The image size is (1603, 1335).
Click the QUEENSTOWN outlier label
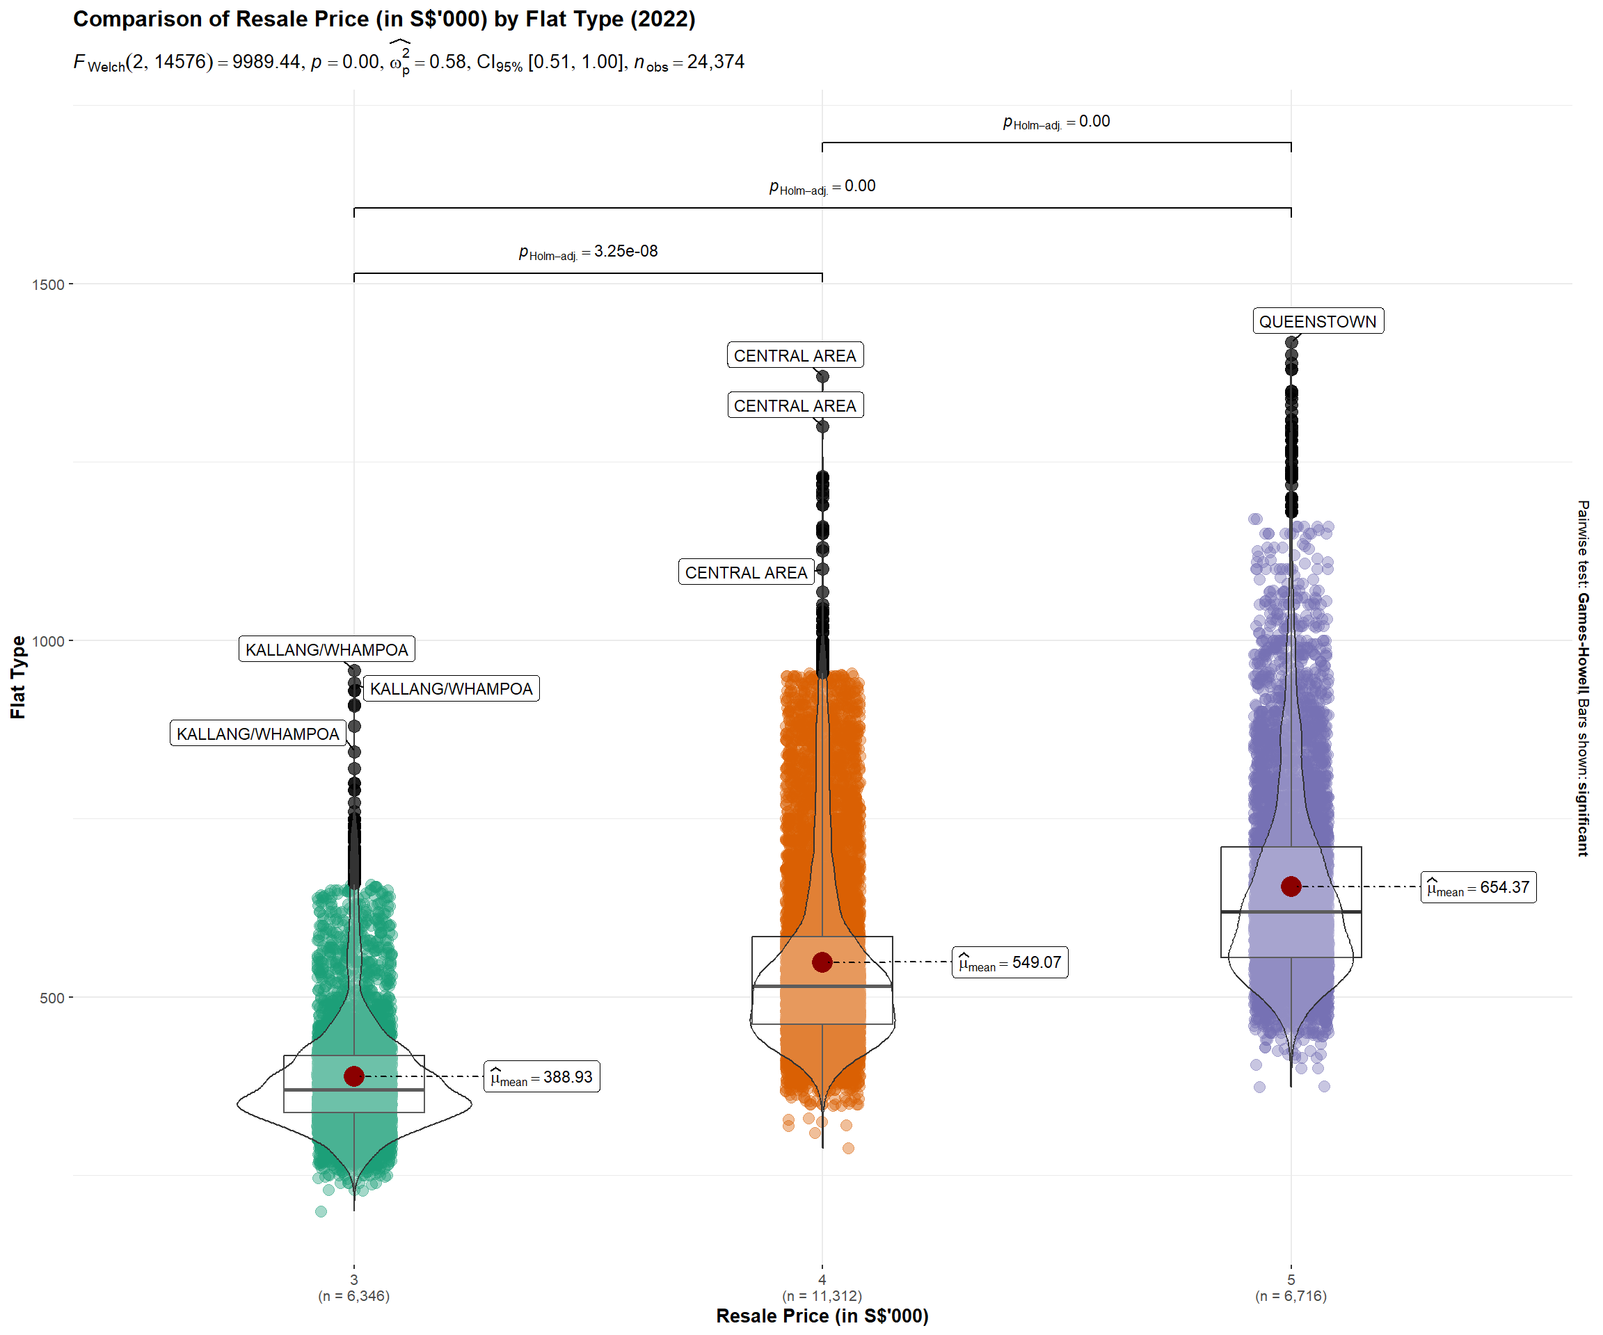coord(1318,321)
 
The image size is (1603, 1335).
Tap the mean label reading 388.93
coord(541,1076)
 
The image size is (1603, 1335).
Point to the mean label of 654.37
coord(1478,887)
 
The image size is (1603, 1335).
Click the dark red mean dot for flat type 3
coord(353,1076)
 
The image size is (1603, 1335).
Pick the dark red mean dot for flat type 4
coord(822,962)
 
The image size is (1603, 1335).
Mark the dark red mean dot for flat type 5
coord(1291,887)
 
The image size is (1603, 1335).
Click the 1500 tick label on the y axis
coord(47,284)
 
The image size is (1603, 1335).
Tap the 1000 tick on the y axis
coord(47,641)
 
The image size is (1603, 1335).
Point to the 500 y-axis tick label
coord(51,998)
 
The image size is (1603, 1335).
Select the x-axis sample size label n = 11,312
coord(822,1295)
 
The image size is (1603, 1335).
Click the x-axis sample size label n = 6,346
coord(353,1295)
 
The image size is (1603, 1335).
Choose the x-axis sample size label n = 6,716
coord(1291,1295)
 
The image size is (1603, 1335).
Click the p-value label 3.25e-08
coord(588,251)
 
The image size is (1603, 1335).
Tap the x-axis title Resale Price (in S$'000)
coord(822,1316)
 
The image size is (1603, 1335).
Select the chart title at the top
coord(384,19)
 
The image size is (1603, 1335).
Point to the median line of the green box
coord(353,1090)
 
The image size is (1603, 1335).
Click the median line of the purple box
coord(1291,912)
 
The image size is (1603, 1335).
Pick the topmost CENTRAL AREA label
coord(795,355)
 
